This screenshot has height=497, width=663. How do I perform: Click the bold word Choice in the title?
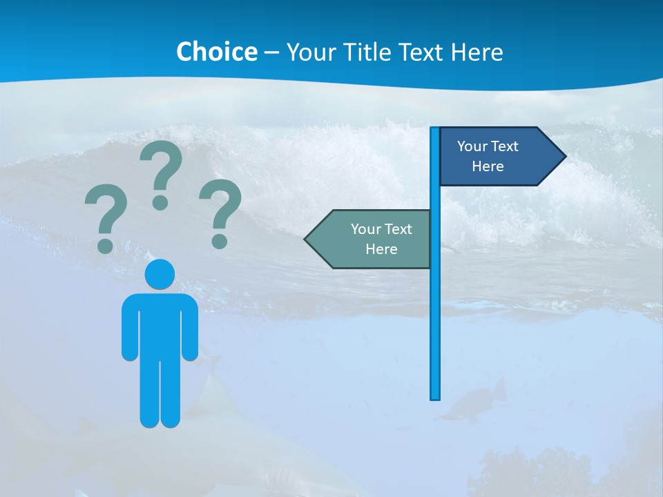point(216,52)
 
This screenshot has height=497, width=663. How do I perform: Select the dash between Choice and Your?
point(271,52)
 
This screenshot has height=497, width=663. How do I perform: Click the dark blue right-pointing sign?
point(497,156)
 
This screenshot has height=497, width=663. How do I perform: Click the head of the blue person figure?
point(160,274)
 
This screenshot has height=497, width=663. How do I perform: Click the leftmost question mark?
point(105,214)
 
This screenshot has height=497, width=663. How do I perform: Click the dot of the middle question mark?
point(160,202)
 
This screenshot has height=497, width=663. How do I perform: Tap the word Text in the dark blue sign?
point(504,146)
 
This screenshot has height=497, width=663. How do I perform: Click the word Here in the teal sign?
point(381,249)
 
